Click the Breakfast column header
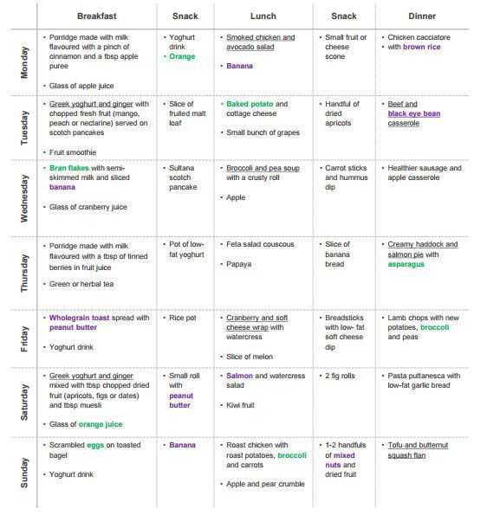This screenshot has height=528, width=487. coord(97,16)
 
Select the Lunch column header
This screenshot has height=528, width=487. coord(263,16)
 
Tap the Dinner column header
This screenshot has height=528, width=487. coord(422,16)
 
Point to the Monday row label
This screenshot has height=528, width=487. coord(24,62)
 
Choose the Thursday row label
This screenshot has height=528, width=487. coord(24,274)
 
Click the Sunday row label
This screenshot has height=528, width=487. coord(24,473)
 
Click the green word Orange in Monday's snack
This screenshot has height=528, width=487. coord(182,56)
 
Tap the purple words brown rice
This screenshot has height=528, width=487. coord(422,47)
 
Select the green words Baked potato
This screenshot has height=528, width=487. coord(250,104)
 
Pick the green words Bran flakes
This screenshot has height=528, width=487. coord(69,168)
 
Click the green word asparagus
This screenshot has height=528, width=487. coord(406,265)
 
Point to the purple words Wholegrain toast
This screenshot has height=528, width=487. coord(79,318)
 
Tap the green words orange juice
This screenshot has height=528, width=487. coord(101,425)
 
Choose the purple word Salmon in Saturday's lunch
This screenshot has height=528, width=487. coord(239,376)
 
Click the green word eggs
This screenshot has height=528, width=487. coord(95,446)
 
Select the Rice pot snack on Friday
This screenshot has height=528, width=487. coord(183,319)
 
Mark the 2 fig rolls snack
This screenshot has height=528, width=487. coord(340,377)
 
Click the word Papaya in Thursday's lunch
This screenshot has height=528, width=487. coord(238,265)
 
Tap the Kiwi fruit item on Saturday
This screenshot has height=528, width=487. coord(240,405)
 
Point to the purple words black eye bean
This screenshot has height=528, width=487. coord(414,113)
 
